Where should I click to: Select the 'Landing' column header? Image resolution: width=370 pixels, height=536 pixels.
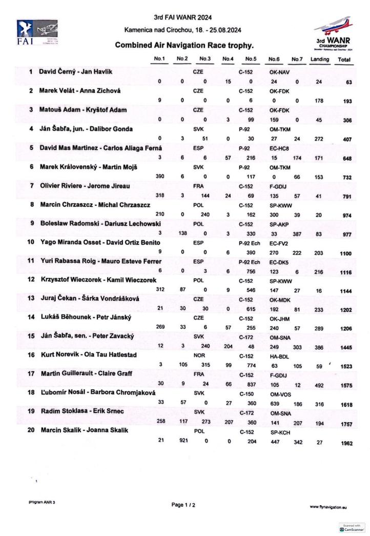(x=320, y=59)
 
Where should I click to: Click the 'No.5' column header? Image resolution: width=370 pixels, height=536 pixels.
(x=251, y=59)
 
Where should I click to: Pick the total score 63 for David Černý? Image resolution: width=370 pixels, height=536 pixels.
(x=348, y=82)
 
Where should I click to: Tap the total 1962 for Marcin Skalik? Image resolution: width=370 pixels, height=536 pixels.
(x=346, y=443)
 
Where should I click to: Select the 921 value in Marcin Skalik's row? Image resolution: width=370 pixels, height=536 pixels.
(x=182, y=441)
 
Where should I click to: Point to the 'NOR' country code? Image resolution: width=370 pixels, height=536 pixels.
(x=198, y=355)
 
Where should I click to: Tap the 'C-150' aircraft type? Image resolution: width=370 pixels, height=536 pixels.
(x=246, y=393)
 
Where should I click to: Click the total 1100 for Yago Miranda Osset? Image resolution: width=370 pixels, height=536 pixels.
(x=346, y=253)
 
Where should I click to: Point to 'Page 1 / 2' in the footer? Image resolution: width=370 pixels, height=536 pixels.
(x=183, y=505)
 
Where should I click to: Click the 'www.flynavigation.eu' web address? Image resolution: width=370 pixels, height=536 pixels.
(x=328, y=507)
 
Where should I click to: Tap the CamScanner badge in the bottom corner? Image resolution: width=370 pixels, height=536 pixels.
(x=352, y=528)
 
